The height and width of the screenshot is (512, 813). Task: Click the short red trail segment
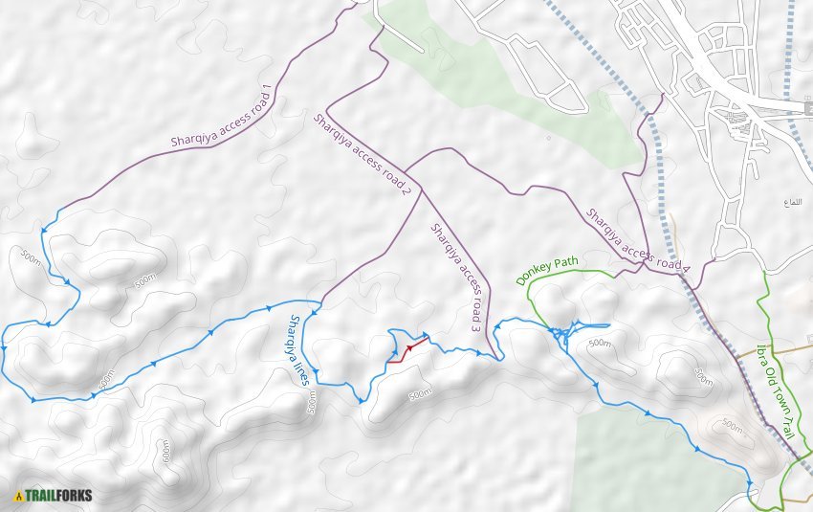(406, 350)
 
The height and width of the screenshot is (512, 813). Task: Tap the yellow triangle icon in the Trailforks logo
(19, 496)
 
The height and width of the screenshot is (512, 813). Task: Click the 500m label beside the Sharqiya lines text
(312, 404)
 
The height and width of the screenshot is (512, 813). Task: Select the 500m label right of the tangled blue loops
(599, 343)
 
